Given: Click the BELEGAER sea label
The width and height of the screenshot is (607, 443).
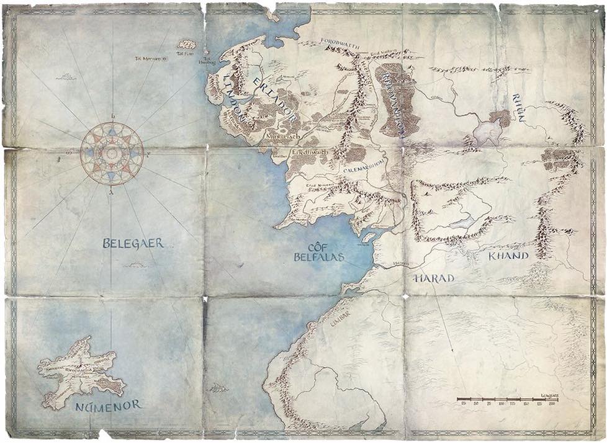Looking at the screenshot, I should (133, 243).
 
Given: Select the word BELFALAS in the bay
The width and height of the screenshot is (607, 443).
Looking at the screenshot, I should (320, 256).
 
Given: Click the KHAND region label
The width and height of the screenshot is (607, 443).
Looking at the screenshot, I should (508, 256).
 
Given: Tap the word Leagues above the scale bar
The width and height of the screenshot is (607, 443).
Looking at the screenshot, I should (549, 394).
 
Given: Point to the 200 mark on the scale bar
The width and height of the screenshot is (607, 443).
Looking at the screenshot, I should (551, 404).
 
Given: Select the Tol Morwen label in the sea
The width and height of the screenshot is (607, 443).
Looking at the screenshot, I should (148, 59).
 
